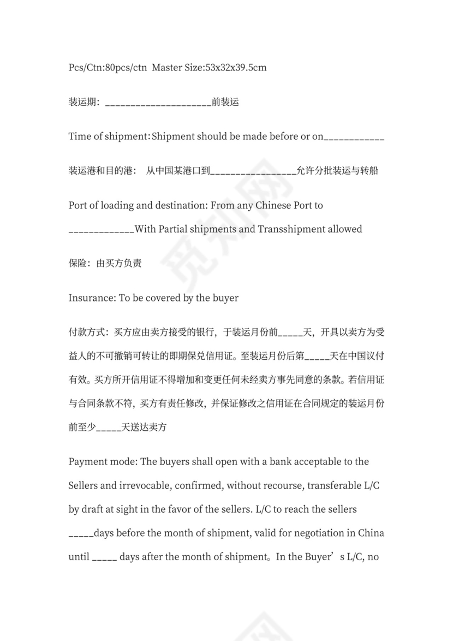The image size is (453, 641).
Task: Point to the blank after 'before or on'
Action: [x=354, y=138]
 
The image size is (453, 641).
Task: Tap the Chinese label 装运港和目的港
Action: [x=102, y=171]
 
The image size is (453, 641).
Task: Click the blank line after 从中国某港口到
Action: [x=252, y=173]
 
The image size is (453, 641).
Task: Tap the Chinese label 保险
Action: [x=78, y=263]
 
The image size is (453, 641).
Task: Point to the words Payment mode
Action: [x=102, y=462]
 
